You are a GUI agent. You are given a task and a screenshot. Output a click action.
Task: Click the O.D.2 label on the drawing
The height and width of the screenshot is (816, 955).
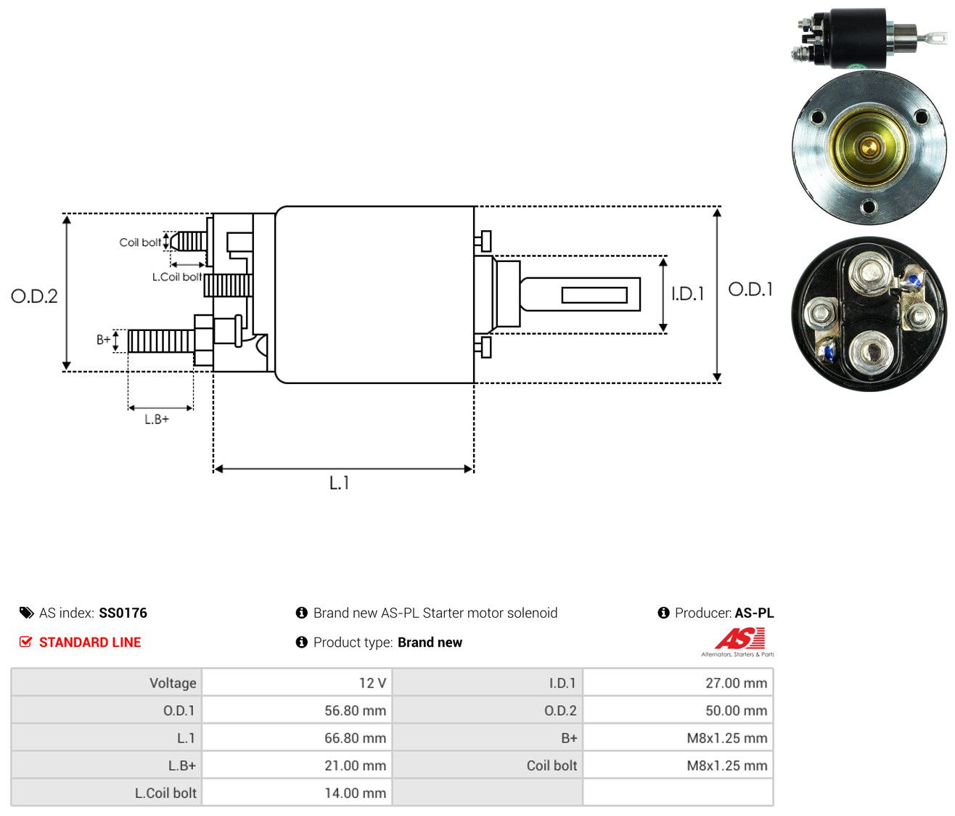coord(34,296)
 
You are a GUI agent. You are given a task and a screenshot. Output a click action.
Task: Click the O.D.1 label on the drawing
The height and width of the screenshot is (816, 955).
coord(750,290)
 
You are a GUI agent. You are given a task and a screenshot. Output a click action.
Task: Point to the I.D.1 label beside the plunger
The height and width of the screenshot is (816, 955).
coord(687,293)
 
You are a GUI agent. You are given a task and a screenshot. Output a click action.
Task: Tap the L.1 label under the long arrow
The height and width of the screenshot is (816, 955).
coord(339,483)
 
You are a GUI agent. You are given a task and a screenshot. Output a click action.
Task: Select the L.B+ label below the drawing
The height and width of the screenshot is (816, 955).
coord(157,420)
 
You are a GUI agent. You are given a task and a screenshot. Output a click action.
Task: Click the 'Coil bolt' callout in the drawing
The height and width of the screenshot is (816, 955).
coord(140,242)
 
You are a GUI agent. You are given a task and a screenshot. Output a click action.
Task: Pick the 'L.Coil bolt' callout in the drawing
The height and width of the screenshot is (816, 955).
coord(177,277)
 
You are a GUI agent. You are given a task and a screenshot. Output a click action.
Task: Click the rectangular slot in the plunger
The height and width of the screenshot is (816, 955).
coord(594,295)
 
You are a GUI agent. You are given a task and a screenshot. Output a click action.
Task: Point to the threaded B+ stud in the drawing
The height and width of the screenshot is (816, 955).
coord(161,340)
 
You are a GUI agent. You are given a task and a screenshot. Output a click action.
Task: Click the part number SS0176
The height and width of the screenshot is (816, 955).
coord(123,613)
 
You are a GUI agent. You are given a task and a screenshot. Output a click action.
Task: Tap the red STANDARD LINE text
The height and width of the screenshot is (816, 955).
coord(90,642)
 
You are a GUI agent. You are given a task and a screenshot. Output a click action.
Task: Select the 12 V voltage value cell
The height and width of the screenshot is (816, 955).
coord(372,683)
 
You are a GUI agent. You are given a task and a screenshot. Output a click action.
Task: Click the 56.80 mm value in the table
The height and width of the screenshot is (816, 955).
coord(355,711)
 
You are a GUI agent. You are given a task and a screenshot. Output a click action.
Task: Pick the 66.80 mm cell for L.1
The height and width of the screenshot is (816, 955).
coord(355,738)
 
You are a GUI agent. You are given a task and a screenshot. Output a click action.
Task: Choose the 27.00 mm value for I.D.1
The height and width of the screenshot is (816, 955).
coord(736,683)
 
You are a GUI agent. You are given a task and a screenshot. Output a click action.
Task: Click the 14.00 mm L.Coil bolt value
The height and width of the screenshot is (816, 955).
coord(355,793)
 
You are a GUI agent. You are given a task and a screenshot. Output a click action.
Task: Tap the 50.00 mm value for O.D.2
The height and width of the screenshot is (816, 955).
coord(736,711)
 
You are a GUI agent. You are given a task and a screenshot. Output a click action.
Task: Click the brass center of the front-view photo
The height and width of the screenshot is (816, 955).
coord(869,148)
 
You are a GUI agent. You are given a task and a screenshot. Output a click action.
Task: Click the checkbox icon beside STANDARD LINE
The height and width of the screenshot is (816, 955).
coord(26,642)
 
